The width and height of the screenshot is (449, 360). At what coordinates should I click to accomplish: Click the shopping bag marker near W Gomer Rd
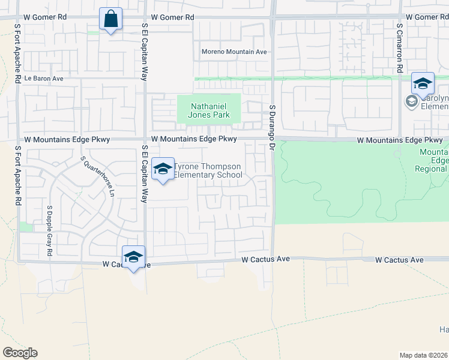click(111, 19)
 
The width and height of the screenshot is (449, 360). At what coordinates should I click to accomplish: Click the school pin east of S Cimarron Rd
click(423, 84)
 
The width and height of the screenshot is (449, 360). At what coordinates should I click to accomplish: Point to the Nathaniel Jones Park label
click(208, 110)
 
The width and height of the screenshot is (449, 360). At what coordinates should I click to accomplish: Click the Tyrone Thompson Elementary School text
click(208, 171)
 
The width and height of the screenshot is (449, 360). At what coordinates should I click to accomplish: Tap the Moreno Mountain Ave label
click(234, 52)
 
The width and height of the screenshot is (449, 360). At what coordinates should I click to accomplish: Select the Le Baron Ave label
click(44, 79)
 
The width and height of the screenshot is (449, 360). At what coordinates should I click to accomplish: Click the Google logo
click(20, 353)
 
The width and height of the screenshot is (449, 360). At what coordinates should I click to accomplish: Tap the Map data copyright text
click(424, 355)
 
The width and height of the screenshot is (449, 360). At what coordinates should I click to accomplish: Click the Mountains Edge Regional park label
click(432, 161)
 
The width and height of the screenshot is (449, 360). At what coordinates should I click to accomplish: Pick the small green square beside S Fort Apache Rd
click(25, 227)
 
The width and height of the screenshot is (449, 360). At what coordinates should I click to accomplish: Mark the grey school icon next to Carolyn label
click(412, 102)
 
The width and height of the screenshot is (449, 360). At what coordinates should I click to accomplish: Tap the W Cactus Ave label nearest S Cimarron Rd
click(399, 260)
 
